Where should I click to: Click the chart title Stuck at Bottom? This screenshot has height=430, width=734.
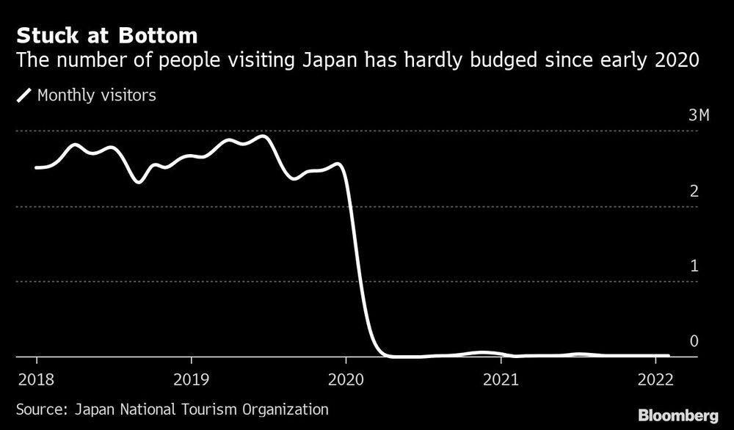click(x=106, y=34)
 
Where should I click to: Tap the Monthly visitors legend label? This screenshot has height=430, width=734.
click(x=96, y=95)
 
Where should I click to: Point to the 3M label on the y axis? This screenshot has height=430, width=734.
click(x=699, y=116)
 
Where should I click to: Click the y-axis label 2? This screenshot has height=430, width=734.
click(x=694, y=192)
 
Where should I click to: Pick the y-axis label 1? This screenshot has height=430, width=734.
click(x=694, y=266)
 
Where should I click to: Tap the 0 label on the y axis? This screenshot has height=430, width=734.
click(x=694, y=341)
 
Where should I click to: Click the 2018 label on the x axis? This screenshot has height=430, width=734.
click(x=37, y=380)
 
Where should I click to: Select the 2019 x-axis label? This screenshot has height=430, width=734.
click(x=191, y=380)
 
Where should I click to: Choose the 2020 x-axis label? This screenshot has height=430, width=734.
click(x=346, y=380)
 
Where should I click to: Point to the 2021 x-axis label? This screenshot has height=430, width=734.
click(x=501, y=380)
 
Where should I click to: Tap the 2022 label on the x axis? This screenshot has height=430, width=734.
click(x=655, y=380)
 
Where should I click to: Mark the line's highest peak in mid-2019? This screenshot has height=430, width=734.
click(x=264, y=136)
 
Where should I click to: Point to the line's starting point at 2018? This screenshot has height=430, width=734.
click(x=37, y=168)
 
